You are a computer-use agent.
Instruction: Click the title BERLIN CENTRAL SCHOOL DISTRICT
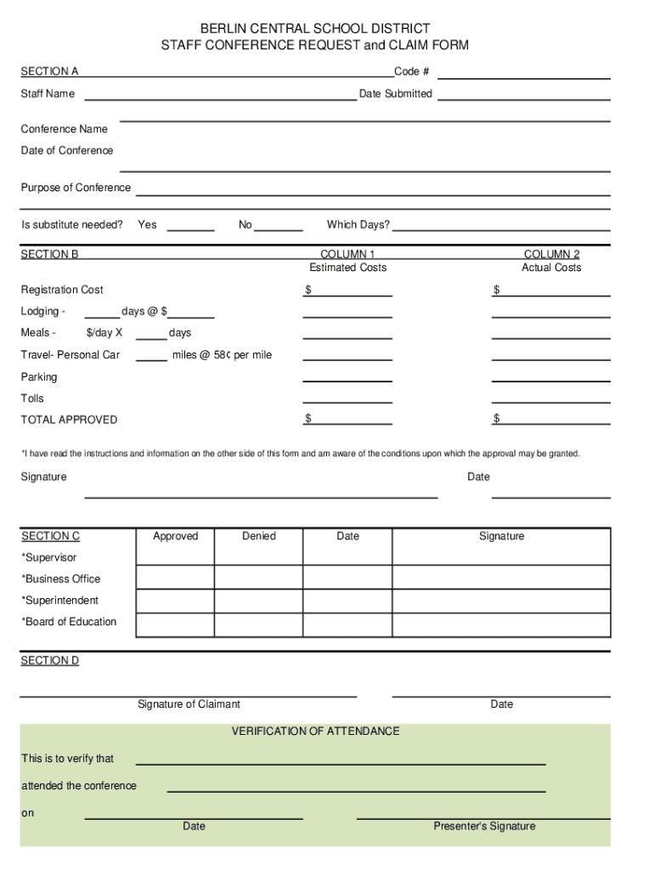pos(315,29)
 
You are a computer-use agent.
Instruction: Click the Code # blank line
pos(523,73)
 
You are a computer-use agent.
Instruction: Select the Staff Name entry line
pos(220,94)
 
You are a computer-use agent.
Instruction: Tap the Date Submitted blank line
pos(523,94)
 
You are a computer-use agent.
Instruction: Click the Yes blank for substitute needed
pos(190,225)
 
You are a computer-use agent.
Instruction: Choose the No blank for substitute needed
pos(279,225)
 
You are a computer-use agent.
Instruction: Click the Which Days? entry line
pos(501,225)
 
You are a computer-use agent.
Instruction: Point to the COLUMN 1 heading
pos(347,254)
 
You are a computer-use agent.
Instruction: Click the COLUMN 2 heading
pos(551,254)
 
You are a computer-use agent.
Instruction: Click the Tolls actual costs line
pos(551,398)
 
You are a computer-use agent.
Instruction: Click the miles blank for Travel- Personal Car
pos(151,355)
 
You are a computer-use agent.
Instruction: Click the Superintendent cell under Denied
pos(259,601)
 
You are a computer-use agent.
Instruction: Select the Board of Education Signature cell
pos(501,624)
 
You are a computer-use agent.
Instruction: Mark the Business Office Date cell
pos(347,578)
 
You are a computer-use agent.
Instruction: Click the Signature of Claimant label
pos(189,704)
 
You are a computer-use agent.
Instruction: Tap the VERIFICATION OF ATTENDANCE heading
pos(315,732)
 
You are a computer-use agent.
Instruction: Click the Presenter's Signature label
pos(484,827)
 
